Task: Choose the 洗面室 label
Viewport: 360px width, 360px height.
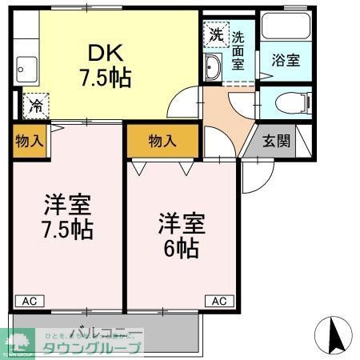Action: [238, 51]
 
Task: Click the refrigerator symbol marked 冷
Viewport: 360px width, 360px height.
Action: [35, 104]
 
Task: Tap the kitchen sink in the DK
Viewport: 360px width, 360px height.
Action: [24, 68]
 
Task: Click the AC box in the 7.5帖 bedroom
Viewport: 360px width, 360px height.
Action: [28, 301]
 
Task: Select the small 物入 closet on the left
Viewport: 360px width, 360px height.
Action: [30, 141]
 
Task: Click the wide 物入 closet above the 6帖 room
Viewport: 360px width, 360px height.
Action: [162, 141]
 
